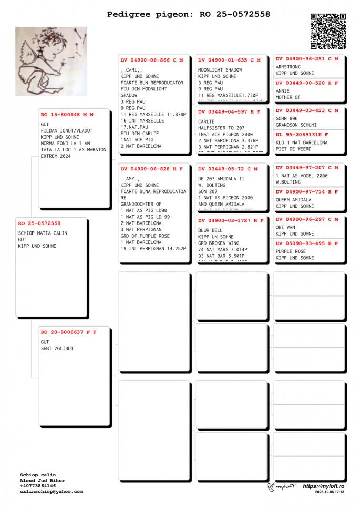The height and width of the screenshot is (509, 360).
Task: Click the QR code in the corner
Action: (x=328, y=31)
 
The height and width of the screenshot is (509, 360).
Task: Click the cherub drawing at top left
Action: (x=51, y=61)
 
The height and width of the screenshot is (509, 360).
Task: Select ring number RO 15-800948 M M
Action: (x=67, y=114)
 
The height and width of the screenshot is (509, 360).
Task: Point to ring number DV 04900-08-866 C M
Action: (x=152, y=60)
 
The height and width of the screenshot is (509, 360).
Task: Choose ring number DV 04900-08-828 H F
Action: (x=152, y=169)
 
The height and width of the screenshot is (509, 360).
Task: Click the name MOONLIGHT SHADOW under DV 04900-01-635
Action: (x=220, y=70)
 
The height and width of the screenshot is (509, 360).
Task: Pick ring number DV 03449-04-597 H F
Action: (x=229, y=112)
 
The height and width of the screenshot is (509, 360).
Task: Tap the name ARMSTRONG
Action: (x=288, y=67)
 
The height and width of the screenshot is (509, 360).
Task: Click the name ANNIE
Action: (x=283, y=91)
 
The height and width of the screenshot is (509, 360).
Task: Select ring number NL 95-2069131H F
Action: (x=302, y=135)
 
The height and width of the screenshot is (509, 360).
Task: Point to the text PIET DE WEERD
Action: (x=293, y=149)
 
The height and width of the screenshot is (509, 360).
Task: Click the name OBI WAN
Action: (x=285, y=227)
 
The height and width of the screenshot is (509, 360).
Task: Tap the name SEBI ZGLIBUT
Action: (x=57, y=348)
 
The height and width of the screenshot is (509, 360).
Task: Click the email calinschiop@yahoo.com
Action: (x=52, y=492)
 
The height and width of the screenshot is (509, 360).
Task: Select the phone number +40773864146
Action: (x=38, y=486)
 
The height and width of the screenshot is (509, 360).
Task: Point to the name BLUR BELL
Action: (x=210, y=230)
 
